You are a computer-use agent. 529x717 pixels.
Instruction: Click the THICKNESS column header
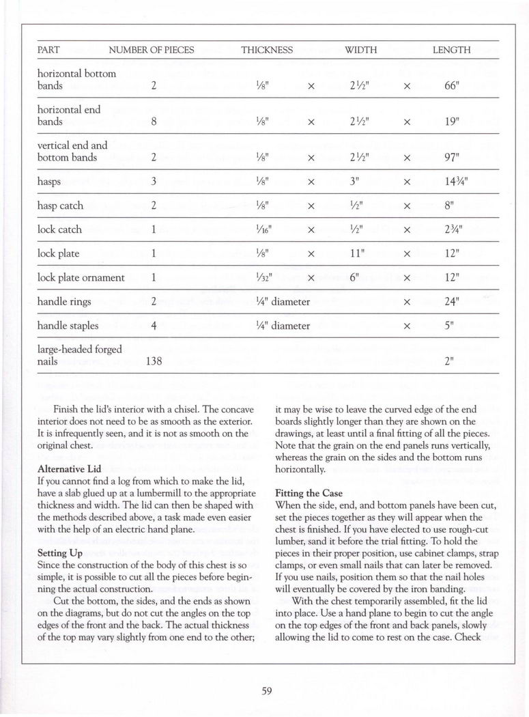(x=267, y=50)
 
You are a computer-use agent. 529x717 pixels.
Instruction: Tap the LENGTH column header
(x=451, y=50)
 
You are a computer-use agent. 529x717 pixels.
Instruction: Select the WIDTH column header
(x=361, y=50)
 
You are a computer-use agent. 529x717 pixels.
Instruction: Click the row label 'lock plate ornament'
(x=81, y=277)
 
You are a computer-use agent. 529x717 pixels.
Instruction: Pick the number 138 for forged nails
(x=154, y=361)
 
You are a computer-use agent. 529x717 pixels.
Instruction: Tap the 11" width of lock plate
(x=354, y=253)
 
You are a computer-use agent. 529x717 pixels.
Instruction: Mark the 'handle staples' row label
(x=68, y=326)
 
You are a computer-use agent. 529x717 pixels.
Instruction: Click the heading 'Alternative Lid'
(x=68, y=469)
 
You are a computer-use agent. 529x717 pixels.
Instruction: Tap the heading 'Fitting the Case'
(x=309, y=492)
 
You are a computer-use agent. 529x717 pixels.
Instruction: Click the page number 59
(x=267, y=690)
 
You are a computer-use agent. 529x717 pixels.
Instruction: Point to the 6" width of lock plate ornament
(x=354, y=277)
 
